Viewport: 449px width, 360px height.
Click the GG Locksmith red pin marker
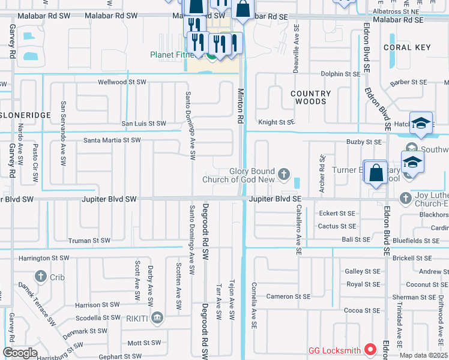tap(370, 349)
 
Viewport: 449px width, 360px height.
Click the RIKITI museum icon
tap(157, 317)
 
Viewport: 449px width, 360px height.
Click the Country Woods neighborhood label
tap(310, 98)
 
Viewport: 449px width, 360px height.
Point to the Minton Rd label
tap(241, 106)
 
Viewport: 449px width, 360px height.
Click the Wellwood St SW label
tap(122, 82)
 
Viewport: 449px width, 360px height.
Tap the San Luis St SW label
tap(144, 124)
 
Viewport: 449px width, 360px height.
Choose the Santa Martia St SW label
tap(112, 140)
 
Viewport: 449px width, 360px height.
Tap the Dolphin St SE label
tap(340, 74)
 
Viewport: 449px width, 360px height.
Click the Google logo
tap(20, 353)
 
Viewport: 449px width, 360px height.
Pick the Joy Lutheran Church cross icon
tap(406, 197)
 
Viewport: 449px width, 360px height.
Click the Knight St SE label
tap(277, 122)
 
